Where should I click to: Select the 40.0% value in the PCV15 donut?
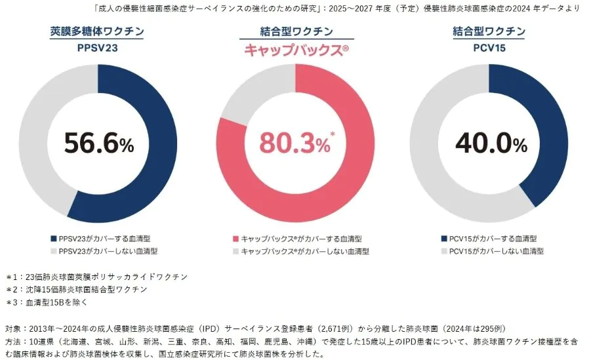(489, 143)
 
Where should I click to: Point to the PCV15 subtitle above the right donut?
(489, 48)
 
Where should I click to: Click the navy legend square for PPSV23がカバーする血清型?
(54, 239)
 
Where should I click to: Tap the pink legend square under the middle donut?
(235, 239)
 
